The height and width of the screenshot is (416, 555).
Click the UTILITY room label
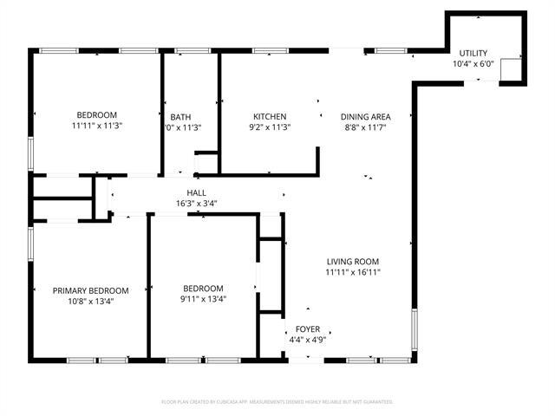(x=473, y=53)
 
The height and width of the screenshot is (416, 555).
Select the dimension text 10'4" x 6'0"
(x=473, y=64)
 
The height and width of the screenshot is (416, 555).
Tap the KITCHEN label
(x=270, y=117)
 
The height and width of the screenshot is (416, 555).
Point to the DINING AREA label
(x=365, y=117)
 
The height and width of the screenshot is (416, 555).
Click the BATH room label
(x=180, y=117)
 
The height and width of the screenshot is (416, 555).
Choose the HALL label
(x=196, y=193)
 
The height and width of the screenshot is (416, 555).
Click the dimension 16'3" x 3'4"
(x=196, y=204)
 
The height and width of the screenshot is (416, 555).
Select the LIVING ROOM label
(x=353, y=262)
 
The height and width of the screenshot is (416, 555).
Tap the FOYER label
(x=308, y=329)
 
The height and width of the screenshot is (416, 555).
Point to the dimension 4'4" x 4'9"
(x=308, y=340)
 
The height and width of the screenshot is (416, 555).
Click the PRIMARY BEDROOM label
(x=90, y=291)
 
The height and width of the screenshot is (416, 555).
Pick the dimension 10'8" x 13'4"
(x=90, y=302)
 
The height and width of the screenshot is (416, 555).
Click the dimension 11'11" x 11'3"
(x=96, y=127)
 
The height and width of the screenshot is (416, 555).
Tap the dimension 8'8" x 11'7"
(x=365, y=127)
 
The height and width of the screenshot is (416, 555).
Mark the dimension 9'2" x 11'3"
(x=270, y=127)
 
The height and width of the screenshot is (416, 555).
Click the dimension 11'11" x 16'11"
(x=353, y=272)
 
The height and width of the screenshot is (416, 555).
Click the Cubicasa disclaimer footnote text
(x=277, y=402)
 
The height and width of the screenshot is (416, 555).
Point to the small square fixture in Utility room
(x=510, y=69)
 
